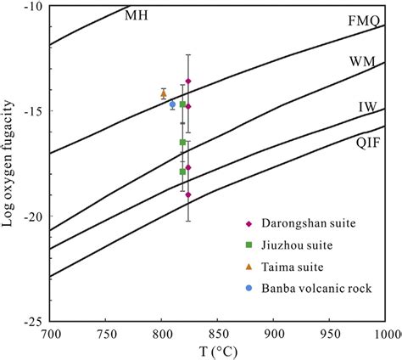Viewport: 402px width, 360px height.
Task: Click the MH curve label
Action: (x=135, y=15)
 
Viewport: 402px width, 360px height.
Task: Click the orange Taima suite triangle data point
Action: (x=164, y=93)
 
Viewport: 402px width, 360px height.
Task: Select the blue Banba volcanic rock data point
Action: (x=172, y=104)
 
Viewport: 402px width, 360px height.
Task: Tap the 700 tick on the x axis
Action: (x=52, y=334)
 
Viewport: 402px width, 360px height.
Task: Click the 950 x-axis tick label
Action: (x=329, y=334)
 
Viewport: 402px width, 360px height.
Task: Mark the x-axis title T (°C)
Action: (x=219, y=351)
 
